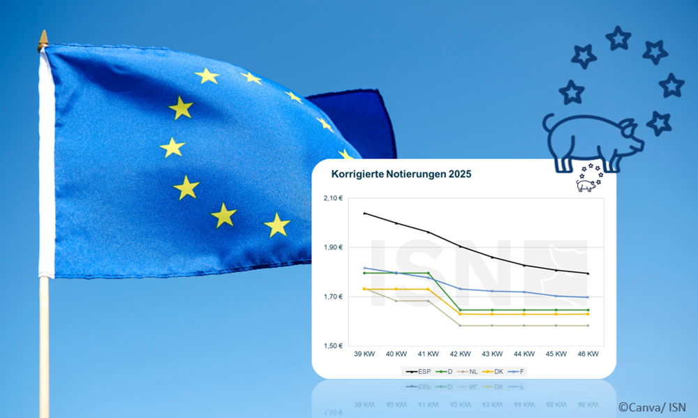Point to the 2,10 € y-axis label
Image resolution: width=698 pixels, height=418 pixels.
pyautogui.click(x=333, y=198)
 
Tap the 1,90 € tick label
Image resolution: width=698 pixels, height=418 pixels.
pyautogui.click(x=333, y=248)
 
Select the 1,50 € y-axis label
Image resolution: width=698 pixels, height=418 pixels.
pyautogui.click(x=333, y=346)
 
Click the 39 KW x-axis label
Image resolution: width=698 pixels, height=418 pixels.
pyautogui.click(x=364, y=354)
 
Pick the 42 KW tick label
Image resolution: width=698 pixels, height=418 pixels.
pyautogui.click(x=460, y=354)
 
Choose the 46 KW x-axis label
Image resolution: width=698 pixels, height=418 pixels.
pyautogui.click(x=588, y=354)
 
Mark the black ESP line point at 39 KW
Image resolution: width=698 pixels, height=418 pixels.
pyautogui.click(x=364, y=213)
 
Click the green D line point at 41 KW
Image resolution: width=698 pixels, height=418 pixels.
pyautogui.click(x=428, y=273)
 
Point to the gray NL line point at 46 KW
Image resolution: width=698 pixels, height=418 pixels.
pyautogui.click(x=588, y=325)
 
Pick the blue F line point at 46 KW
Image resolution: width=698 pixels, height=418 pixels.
pyautogui.click(x=588, y=297)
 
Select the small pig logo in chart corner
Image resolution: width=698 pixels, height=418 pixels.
pyautogui.click(x=588, y=180)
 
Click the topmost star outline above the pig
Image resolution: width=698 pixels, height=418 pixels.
pyautogui.click(x=618, y=38)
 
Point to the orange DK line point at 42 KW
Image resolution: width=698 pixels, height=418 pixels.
pyautogui.click(x=460, y=314)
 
